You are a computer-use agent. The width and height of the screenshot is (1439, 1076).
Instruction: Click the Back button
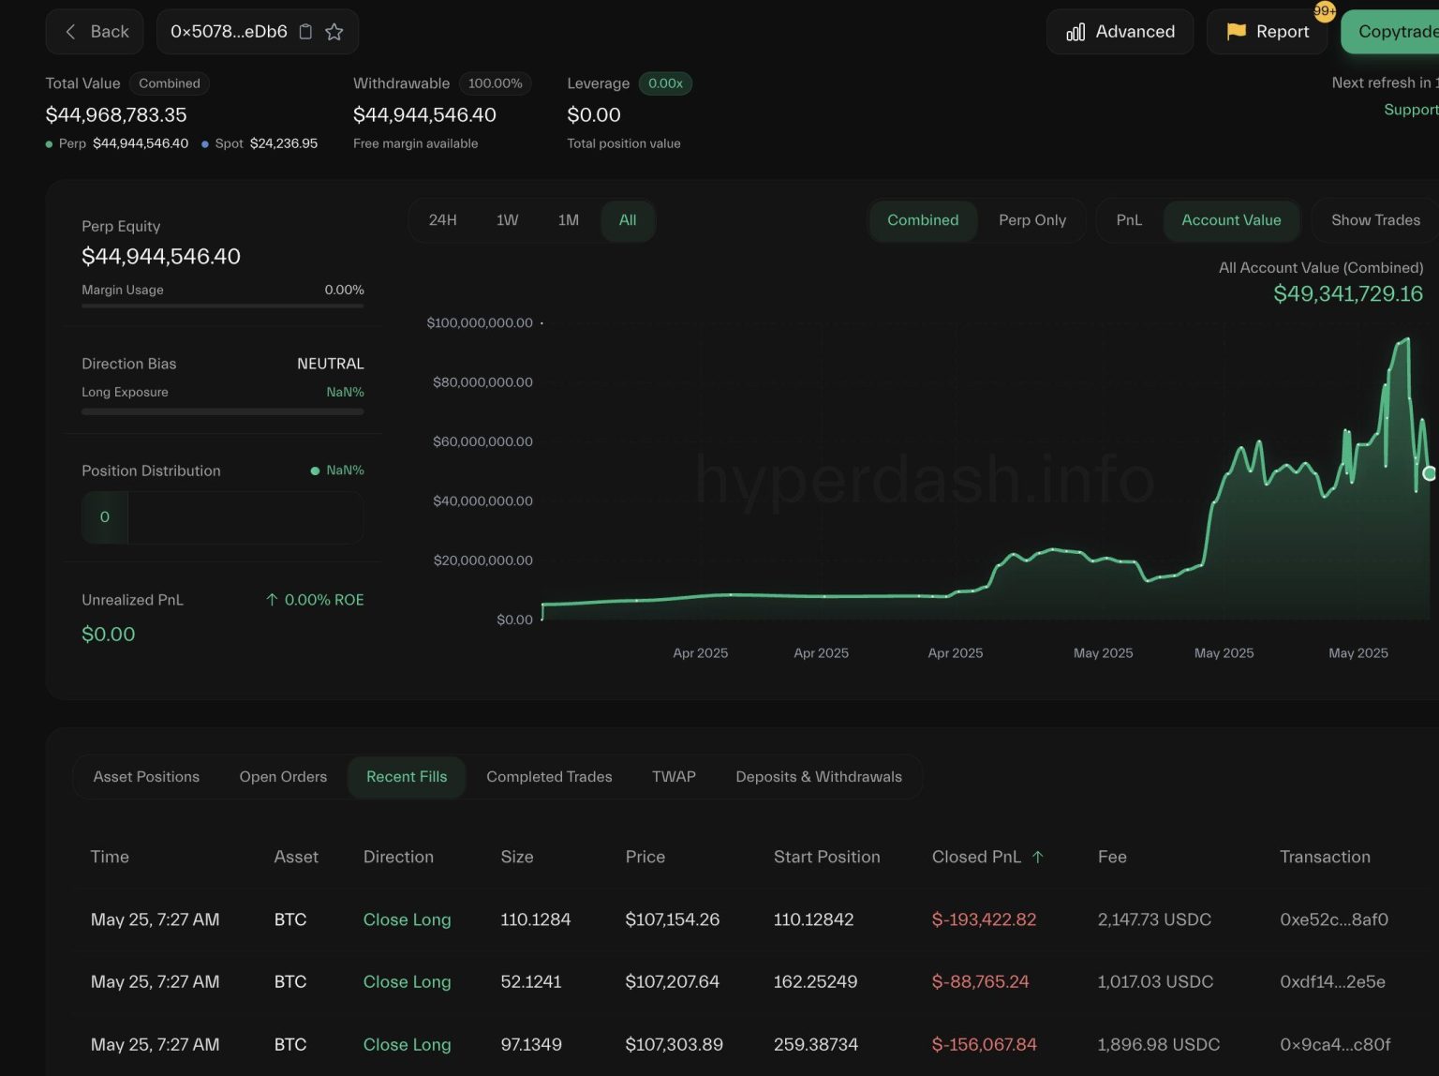[x=95, y=32]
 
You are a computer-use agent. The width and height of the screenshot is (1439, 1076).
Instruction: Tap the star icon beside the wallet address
[x=334, y=32]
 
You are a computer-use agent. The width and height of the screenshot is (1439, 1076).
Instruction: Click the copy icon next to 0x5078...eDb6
[x=305, y=32]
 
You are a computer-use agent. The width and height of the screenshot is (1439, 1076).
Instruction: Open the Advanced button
[x=1120, y=32]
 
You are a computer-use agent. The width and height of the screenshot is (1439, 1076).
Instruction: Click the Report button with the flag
[x=1267, y=32]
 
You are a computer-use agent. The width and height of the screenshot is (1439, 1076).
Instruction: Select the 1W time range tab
[x=507, y=220]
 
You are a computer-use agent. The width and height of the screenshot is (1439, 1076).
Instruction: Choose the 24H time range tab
[x=442, y=220]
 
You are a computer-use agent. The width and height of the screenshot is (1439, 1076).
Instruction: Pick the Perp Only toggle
[x=1031, y=220]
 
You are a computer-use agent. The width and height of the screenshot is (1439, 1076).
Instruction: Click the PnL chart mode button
[x=1129, y=220]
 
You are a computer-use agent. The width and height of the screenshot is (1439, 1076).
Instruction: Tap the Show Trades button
[x=1375, y=220]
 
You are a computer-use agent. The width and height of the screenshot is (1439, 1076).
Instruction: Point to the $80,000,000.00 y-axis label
[x=482, y=382]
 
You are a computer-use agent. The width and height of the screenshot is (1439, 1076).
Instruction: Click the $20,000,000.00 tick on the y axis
[x=482, y=560]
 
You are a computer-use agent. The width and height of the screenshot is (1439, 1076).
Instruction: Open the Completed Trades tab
[x=549, y=777]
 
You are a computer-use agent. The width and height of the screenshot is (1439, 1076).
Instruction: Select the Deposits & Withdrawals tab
[x=819, y=777]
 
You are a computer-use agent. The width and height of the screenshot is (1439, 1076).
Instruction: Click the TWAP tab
[x=674, y=777]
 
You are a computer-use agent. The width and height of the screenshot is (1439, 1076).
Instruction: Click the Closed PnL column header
[x=977, y=857]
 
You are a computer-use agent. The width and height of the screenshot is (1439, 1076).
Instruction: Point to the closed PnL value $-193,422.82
[x=984, y=919]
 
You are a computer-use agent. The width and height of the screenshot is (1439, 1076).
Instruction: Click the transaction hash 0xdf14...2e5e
[x=1332, y=982]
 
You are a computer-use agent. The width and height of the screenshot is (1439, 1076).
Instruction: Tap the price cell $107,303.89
[x=674, y=1044]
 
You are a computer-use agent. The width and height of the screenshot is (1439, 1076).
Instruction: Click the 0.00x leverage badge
[x=665, y=83]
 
